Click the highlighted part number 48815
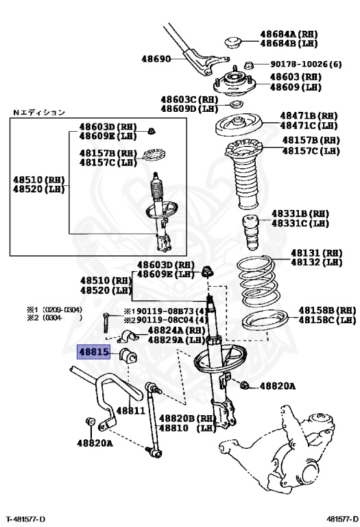pyautogui.click(x=94, y=352)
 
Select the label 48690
pyautogui.click(x=156, y=59)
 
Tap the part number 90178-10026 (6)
pyautogui.click(x=306, y=64)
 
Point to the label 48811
pyautogui.click(x=131, y=410)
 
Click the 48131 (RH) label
pyautogui.click(x=316, y=253)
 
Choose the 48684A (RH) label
pyautogui.click(x=289, y=34)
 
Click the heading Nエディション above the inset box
pyautogui.click(x=38, y=113)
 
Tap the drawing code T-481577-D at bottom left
pyautogui.click(x=25, y=519)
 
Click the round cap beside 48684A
pyautogui.click(x=232, y=42)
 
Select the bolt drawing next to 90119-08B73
pyautogui.click(x=106, y=323)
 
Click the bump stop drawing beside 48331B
pyautogui.click(x=251, y=233)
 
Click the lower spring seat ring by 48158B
pyautogui.click(x=265, y=320)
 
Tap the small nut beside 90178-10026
pyautogui.click(x=248, y=65)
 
